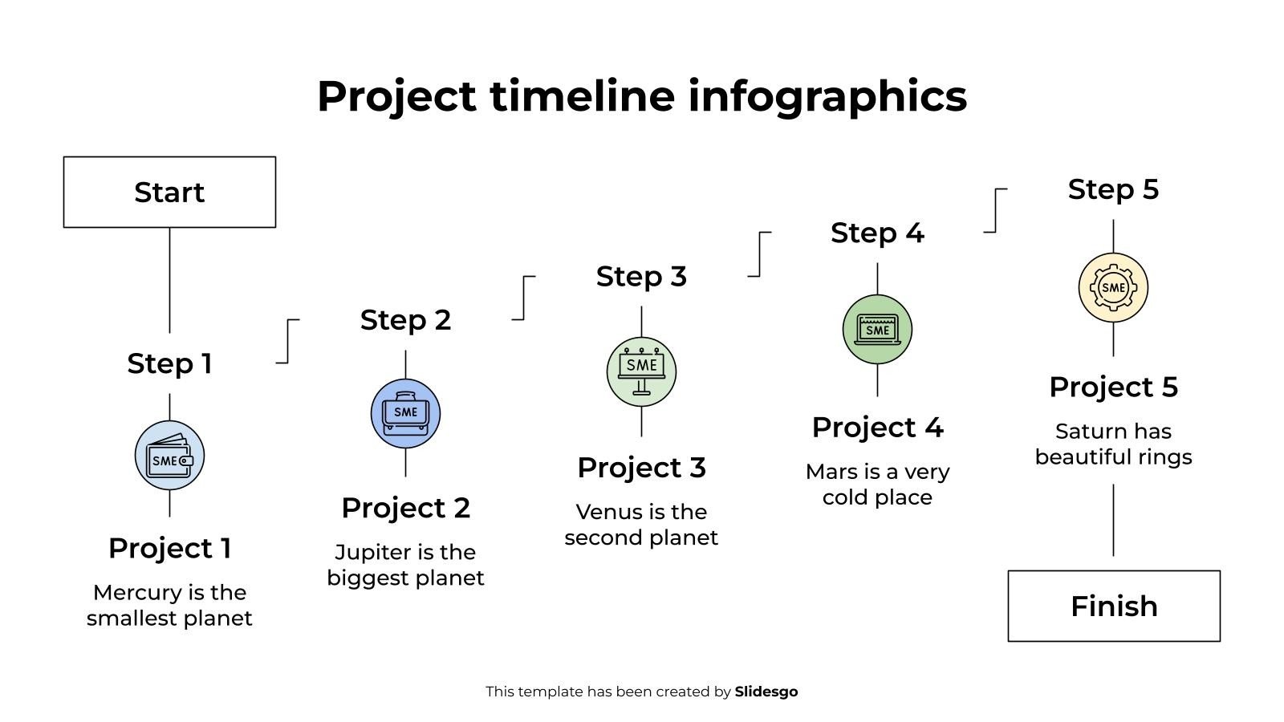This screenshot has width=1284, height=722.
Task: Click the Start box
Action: pos(169,193)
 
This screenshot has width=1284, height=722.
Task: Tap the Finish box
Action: pos(1114,606)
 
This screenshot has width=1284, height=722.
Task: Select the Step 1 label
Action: pos(169,363)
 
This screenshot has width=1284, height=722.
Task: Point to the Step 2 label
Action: pos(405,320)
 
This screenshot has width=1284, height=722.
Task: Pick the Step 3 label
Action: pos(641,277)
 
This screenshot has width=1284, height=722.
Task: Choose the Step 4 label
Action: pos(877,233)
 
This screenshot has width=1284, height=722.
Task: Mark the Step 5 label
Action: pos(1113,190)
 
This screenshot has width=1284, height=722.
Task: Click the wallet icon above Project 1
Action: pos(169,456)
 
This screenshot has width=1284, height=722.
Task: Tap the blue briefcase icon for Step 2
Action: pos(405,413)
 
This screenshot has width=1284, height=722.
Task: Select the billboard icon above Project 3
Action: pos(641,371)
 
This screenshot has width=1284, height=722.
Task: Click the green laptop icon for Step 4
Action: pos(877,329)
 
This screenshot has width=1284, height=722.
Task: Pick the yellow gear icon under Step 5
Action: pos(1113,287)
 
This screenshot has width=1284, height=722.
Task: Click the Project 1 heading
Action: pos(169,549)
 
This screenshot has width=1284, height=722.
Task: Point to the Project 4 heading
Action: pos(877,428)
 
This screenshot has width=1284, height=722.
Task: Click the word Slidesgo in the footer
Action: pos(766,692)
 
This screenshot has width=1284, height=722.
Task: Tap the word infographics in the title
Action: pos(827,96)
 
